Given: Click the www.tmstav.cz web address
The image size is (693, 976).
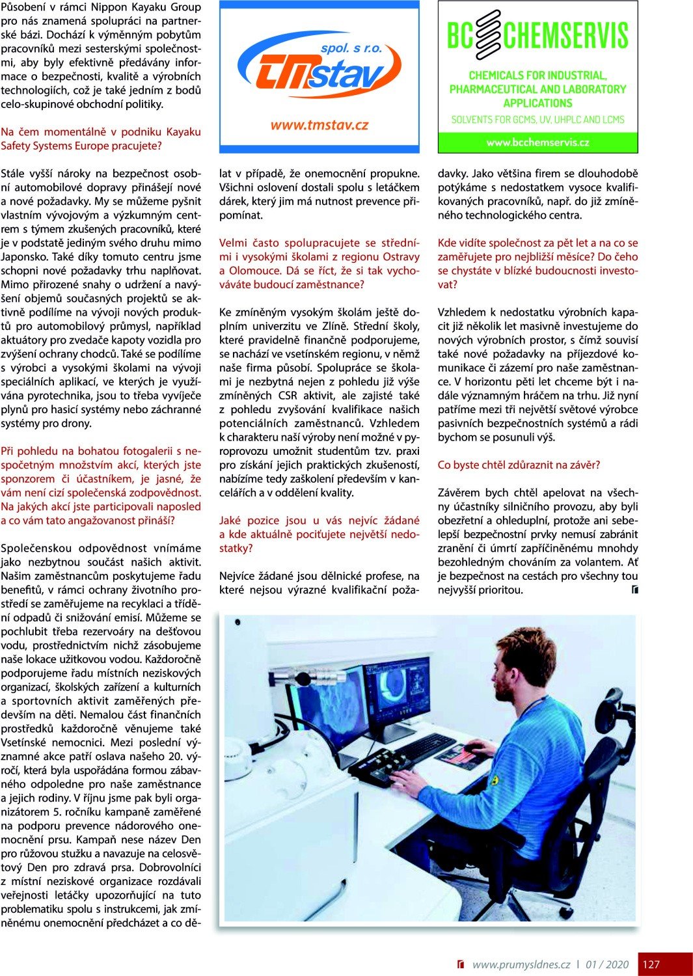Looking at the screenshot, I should pyautogui.click(x=319, y=125).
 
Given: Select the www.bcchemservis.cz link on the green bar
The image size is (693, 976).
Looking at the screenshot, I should pyautogui.click(x=537, y=142).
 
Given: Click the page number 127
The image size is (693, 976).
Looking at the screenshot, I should pyautogui.click(x=651, y=964).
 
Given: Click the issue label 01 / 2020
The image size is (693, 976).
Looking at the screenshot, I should pyautogui.click(x=607, y=964).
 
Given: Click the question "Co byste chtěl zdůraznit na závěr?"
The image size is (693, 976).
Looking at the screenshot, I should pyautogui.click(x=519, y=465).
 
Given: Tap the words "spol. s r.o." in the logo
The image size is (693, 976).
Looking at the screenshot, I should pyautogui.click(x=351, y=48).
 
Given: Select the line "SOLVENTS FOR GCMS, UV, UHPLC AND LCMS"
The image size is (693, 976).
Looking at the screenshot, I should pyautogui.click(x=537, y=120).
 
